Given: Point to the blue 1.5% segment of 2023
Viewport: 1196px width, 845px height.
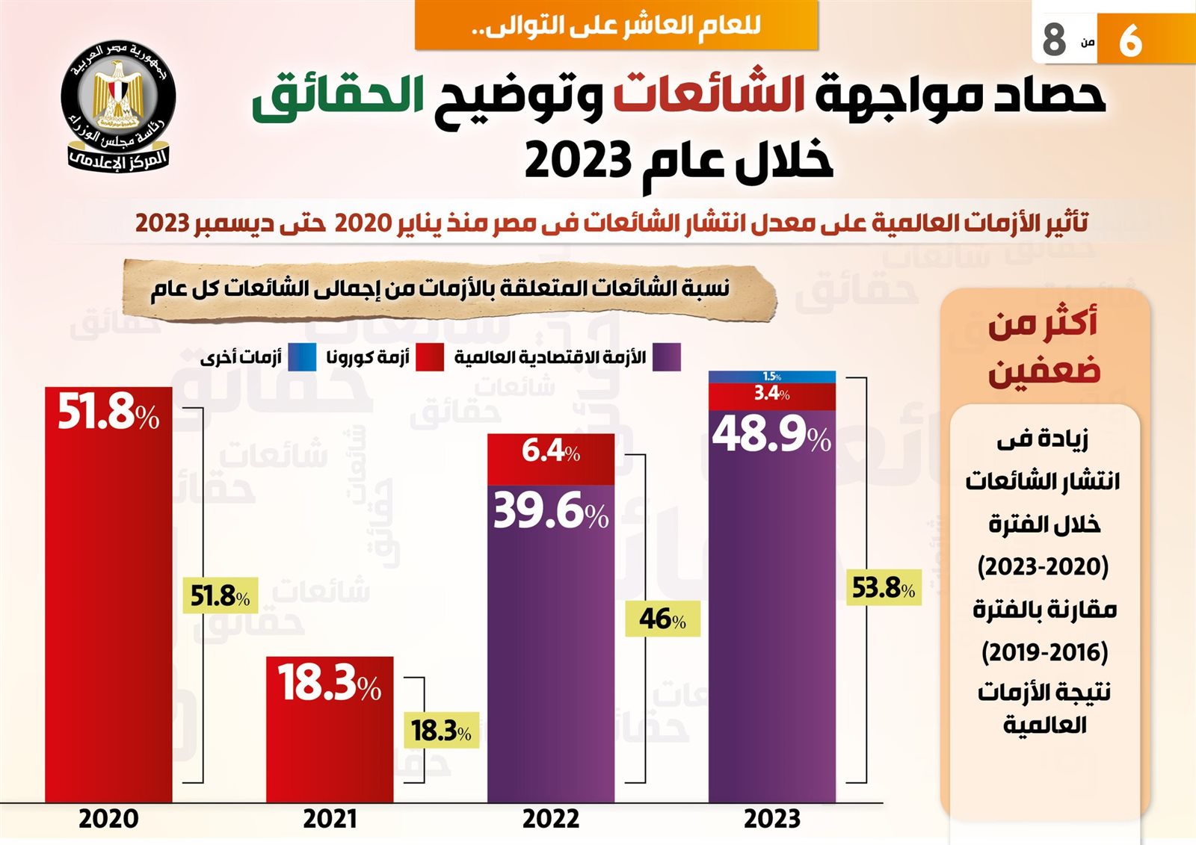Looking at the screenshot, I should click(772, 377).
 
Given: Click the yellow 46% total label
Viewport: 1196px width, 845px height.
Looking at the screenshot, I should click(663, 619).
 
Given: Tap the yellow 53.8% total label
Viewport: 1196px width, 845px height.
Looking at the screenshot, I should click(884, 588).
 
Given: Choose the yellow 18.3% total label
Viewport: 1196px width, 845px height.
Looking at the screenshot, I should click(442, 731).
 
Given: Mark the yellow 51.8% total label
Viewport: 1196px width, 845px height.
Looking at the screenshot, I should click(221, 596).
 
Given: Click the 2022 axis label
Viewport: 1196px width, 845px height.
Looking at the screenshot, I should click(551, 819).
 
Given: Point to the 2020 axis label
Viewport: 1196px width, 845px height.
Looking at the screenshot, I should click(108, 819).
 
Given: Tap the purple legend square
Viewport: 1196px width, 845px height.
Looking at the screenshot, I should click(666, 357).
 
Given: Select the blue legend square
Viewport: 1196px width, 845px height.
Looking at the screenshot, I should click(302, 357).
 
